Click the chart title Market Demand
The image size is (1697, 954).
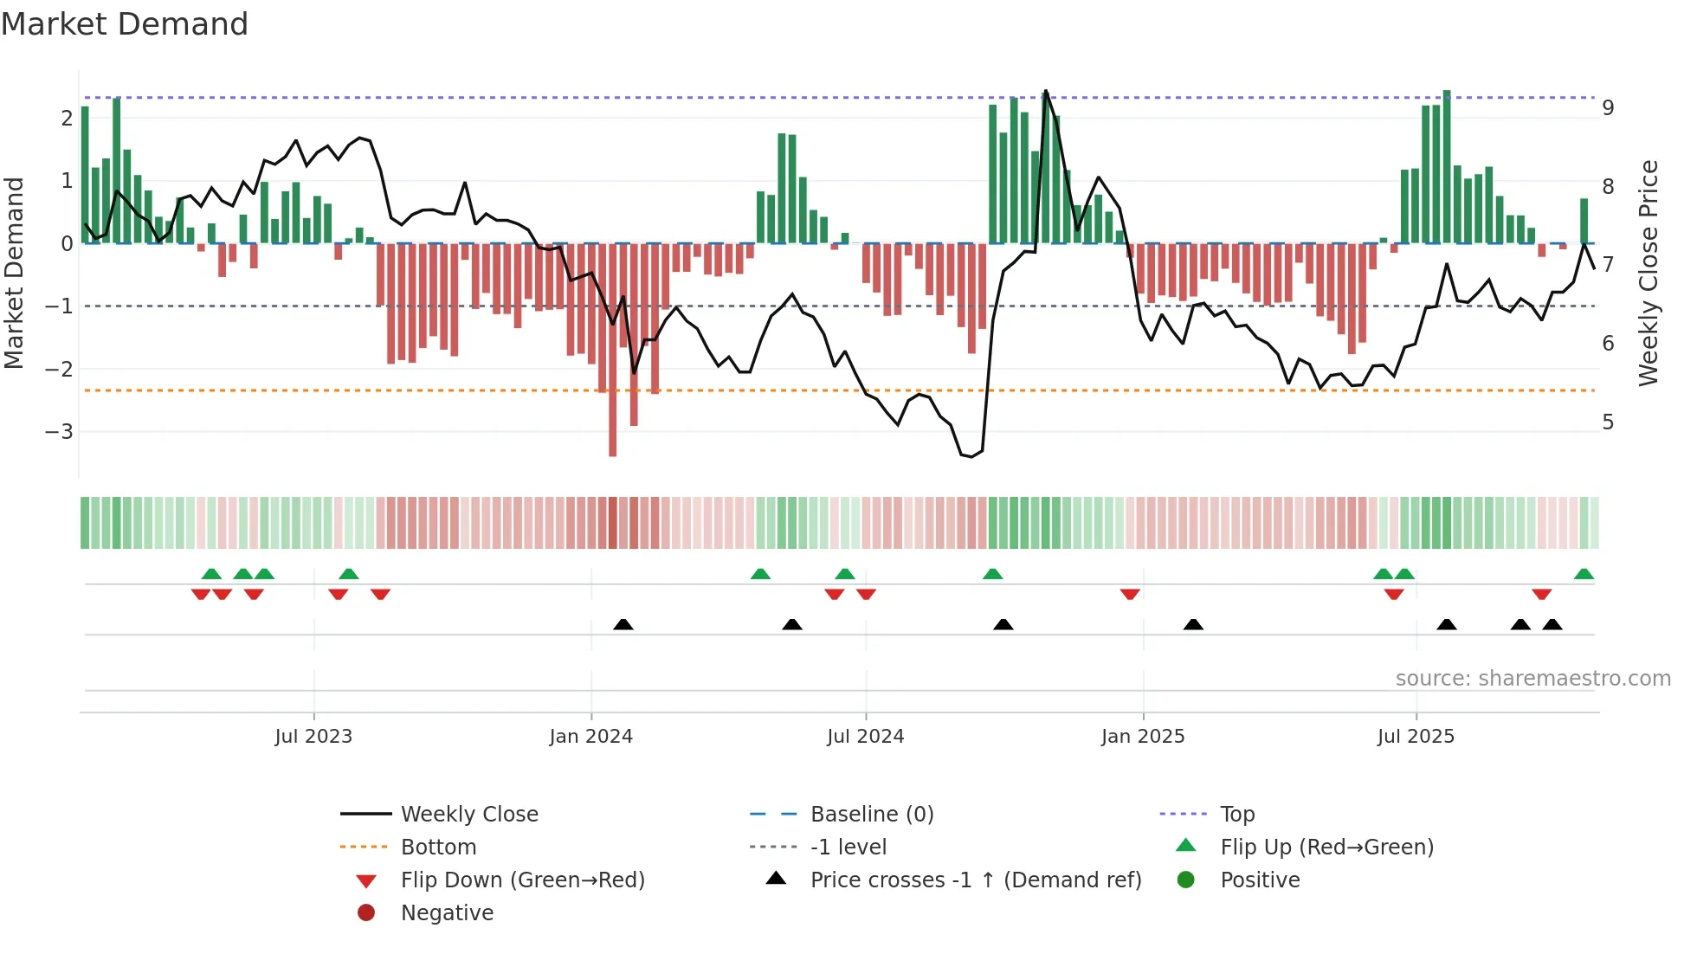(x=125, y=24)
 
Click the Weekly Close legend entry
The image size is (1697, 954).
(x=468, y=814)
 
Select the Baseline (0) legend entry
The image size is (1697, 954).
(x=871, y=814)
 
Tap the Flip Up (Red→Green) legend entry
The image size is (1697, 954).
(x=1326, y=847)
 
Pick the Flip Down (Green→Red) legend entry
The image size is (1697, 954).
(x=522, y=880)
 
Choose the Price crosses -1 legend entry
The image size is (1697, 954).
(x=975, y=880)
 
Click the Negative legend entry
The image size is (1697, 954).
(x=447, y=912)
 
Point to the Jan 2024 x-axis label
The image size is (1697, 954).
(x=590, y=736)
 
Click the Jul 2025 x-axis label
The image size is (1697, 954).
(x=1416, y=736)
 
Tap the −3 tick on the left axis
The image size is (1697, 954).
(x=59, y=431)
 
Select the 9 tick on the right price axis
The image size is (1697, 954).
(x=1608, y=108)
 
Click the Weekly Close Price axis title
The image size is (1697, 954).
(x=1648, y=273)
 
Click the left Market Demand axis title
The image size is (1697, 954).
(x=14, y=273)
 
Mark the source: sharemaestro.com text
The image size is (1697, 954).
(x=1532, y=678)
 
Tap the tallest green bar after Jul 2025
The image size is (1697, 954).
(x=1447, y=164)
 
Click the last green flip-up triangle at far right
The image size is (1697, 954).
(x=1584, y=574)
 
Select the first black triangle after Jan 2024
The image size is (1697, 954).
(x=623, y=624)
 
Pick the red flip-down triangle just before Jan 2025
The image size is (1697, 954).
(x=1130, y=594)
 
